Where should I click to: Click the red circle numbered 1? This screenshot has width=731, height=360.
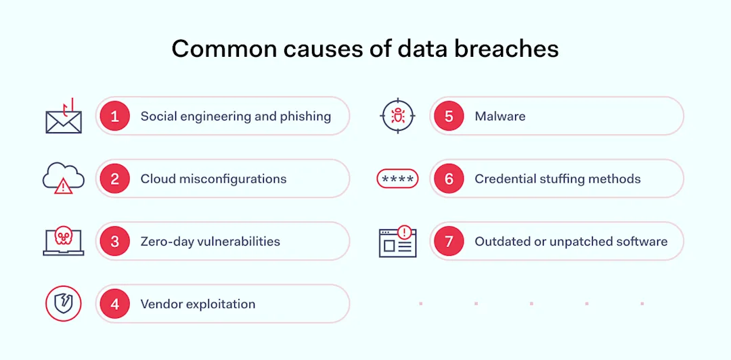coord(115,116)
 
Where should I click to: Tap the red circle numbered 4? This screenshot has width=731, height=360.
coord(115,304)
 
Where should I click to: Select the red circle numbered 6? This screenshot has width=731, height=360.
coord(449,179)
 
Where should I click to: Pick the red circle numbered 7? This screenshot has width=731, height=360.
coord(449,242)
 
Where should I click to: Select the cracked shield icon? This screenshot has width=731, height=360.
coord(64,304)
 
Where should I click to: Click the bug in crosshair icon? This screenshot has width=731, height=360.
coord(397,116)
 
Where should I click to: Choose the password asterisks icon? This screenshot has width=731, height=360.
coord(397,179)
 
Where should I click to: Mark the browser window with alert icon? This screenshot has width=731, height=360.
coord(397,242)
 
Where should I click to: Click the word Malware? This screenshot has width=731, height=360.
coord(500,116)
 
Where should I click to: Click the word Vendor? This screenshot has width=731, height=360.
coord(161,304)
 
